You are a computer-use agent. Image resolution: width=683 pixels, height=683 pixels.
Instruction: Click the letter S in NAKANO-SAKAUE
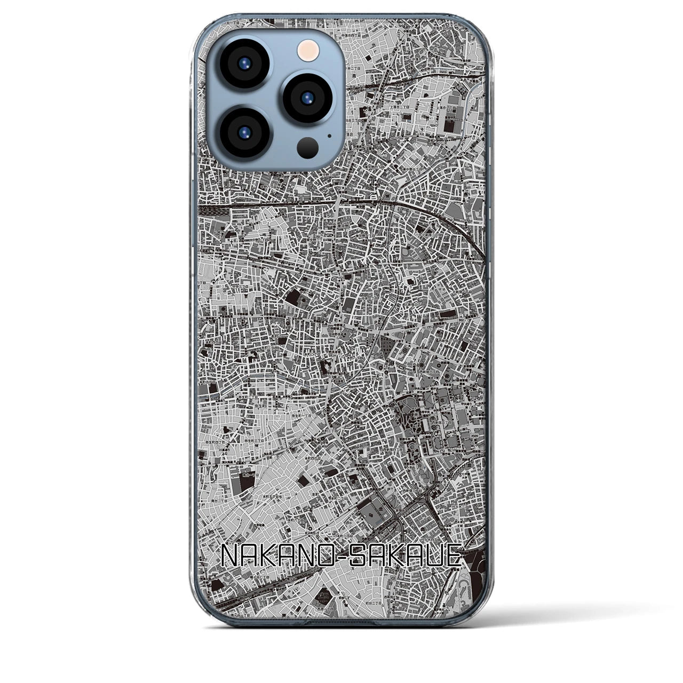(362, 556)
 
